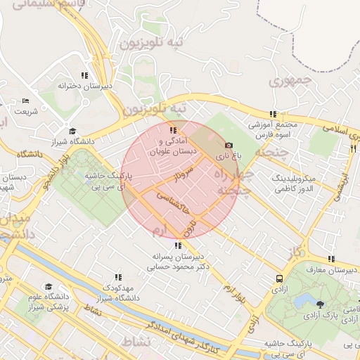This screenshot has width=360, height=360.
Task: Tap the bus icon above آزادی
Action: point(280,279)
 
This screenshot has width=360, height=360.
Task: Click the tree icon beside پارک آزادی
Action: point(321,304)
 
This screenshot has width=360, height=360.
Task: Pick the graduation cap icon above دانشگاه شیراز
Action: point(72,131)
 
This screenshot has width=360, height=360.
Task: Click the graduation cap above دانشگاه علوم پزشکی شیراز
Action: point(49,287)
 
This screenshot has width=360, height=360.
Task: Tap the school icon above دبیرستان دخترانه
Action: point(84,75)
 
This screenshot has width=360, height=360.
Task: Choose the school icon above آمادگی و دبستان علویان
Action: point(173,130)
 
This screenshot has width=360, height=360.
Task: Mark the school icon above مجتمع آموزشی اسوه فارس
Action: point(273,114)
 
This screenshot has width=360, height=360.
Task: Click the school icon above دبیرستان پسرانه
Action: point(177,245)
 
